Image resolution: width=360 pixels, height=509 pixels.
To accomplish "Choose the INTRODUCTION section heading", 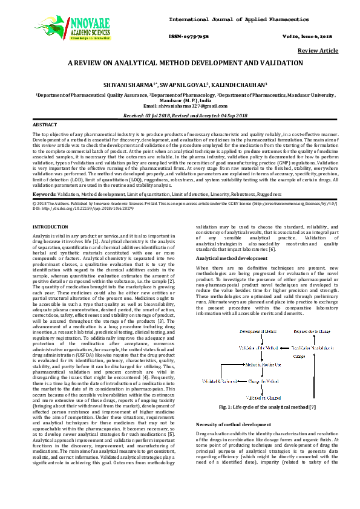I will pos(51,226).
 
